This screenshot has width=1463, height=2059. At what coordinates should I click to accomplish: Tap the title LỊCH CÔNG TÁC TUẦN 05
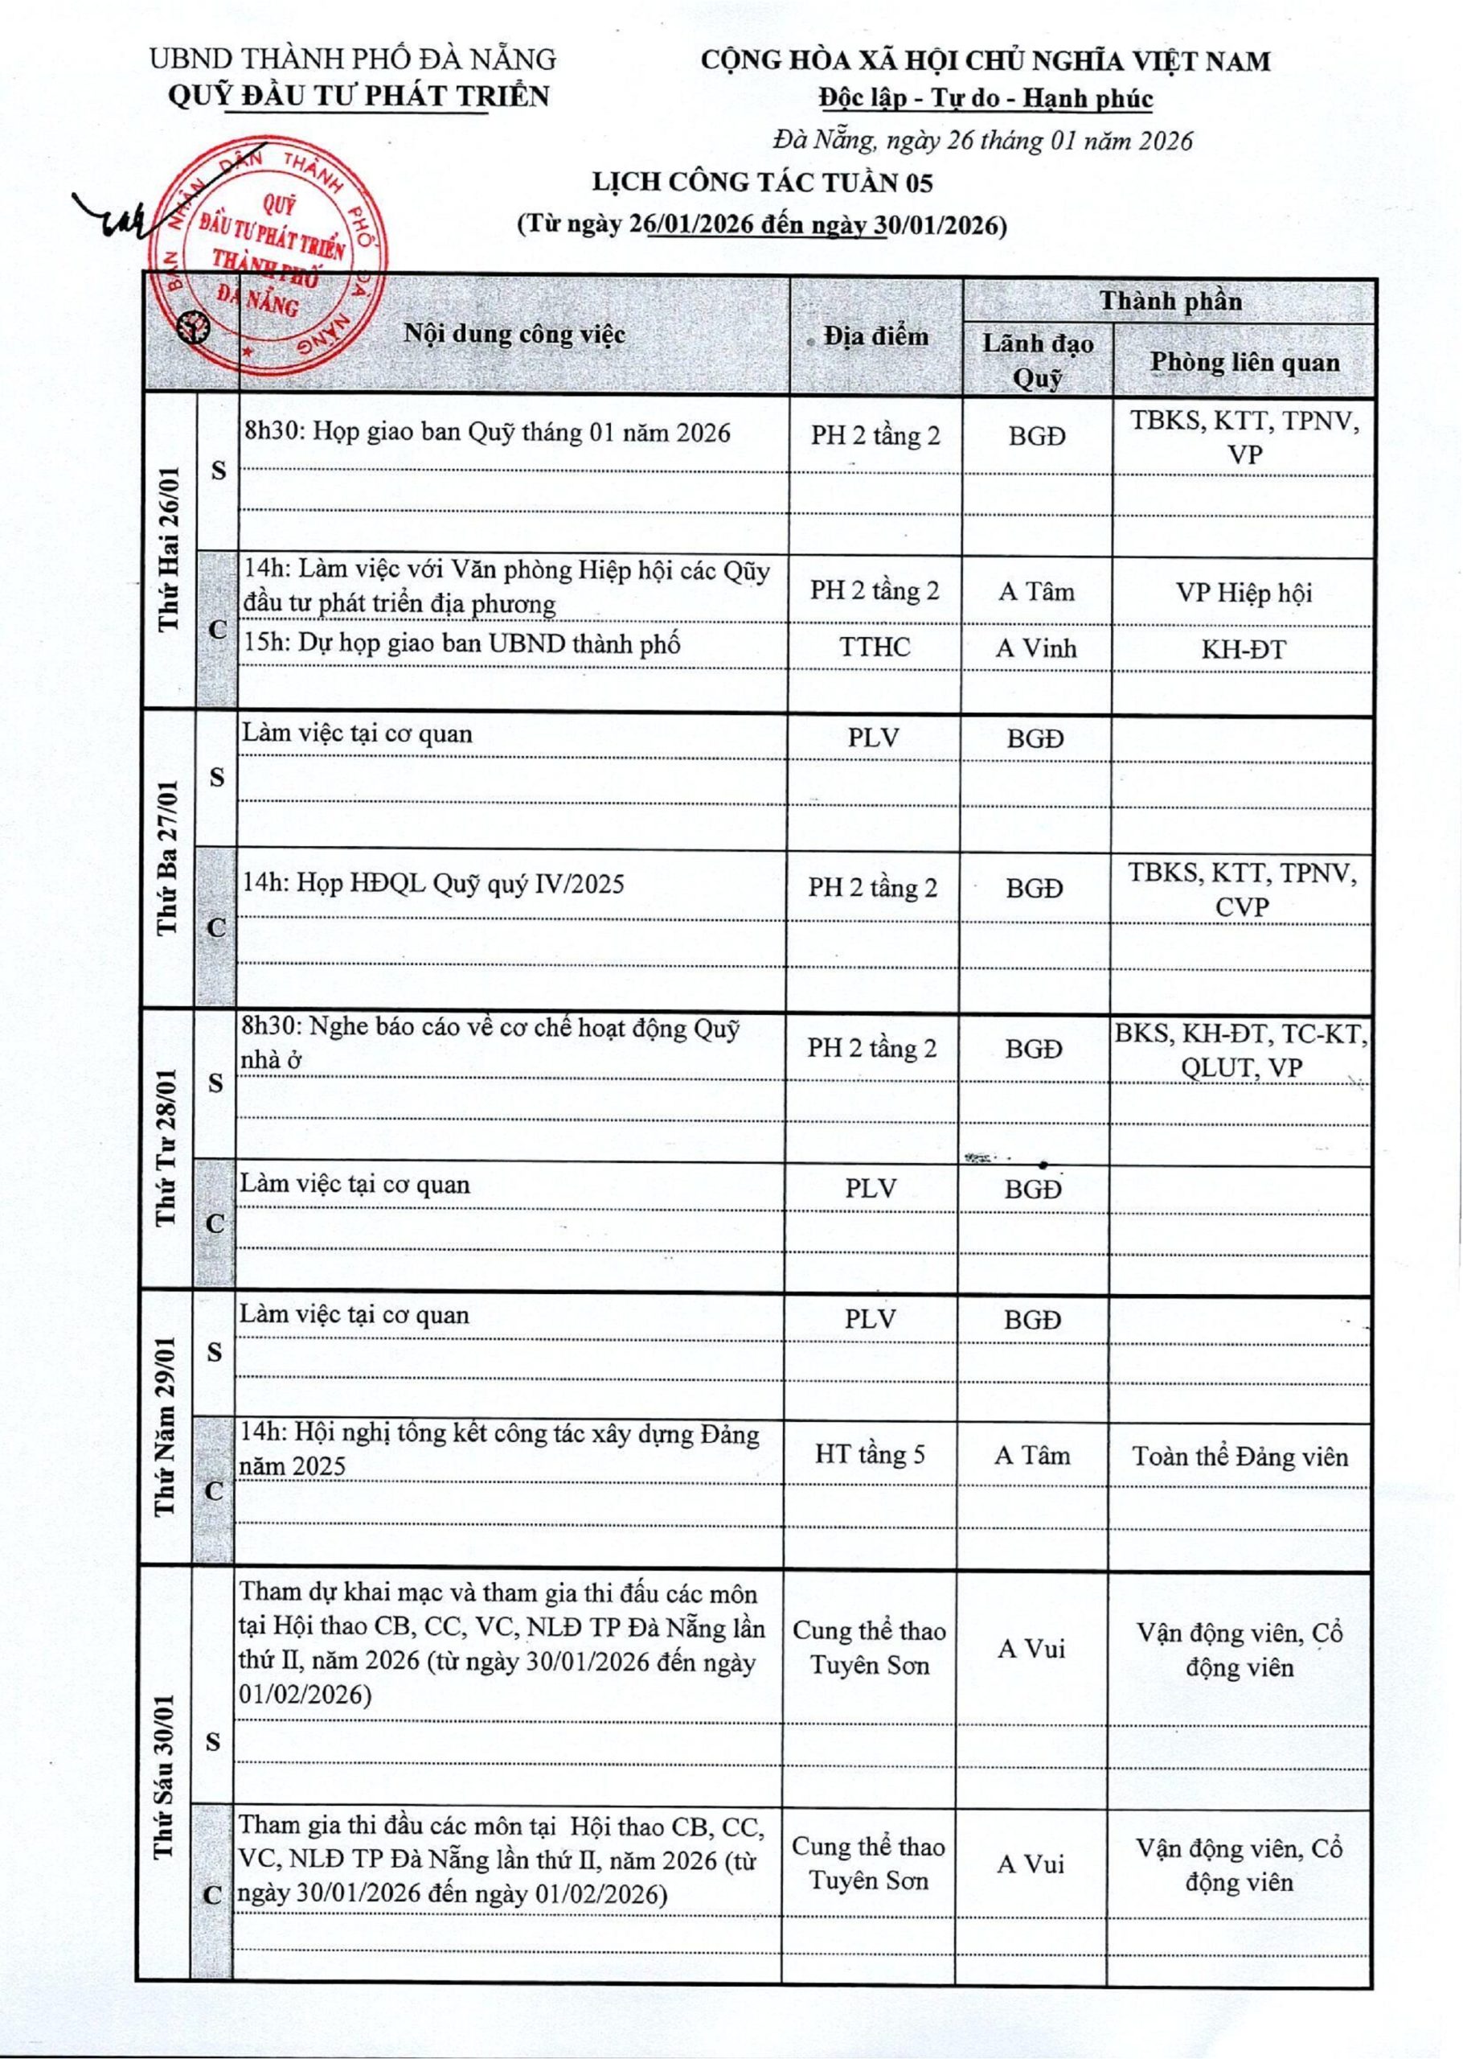tap(761, 183)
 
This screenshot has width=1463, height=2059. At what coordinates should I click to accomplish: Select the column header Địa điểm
tap(875, 336)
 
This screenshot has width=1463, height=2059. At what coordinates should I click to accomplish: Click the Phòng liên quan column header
tap(1244, 361)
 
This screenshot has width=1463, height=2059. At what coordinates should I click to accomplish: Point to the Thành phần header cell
tap(1170, 301)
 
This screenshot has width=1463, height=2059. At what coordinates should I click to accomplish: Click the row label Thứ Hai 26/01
tap(170, 549)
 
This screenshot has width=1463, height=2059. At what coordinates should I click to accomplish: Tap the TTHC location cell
tap(875, 647)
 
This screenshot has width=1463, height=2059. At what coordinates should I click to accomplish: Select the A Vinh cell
tap(1036, 648)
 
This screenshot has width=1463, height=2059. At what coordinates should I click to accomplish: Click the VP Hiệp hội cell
tap(1244, 593)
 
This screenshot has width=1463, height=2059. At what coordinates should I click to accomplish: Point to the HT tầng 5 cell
tap(871, 1453)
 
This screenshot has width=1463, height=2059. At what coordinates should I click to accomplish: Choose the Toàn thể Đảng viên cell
tap(1240, 1456)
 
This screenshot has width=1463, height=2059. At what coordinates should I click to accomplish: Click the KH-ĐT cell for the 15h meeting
tap(1244, 649)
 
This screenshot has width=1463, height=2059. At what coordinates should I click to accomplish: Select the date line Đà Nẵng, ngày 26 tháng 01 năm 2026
tap(983, 141)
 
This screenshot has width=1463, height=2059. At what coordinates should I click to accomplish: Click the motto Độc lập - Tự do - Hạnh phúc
tap(986, 98)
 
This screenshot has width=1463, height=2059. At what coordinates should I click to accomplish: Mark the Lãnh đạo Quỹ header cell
tap(1038, 360)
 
